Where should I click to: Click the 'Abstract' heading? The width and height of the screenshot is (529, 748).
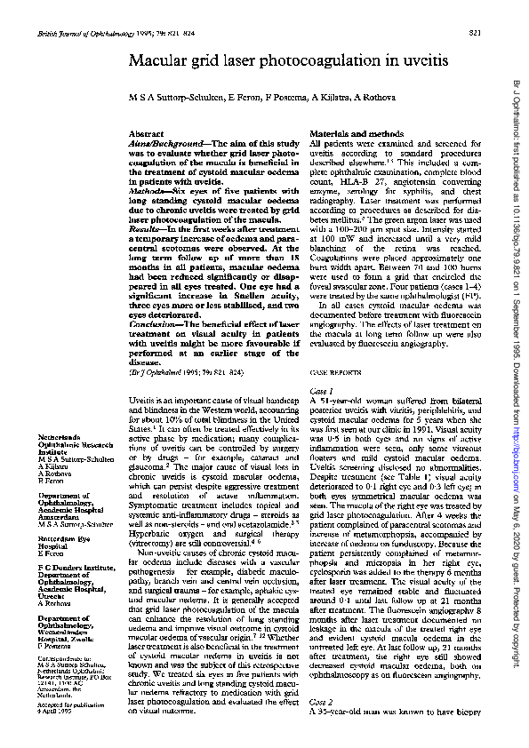(147, 132)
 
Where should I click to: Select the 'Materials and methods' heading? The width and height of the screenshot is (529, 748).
(348, 132)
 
